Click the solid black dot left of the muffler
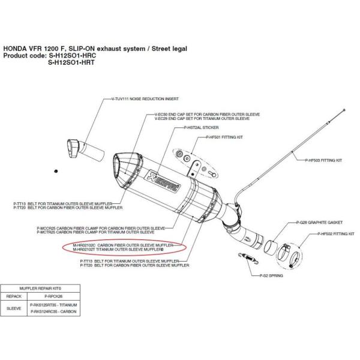56,170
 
